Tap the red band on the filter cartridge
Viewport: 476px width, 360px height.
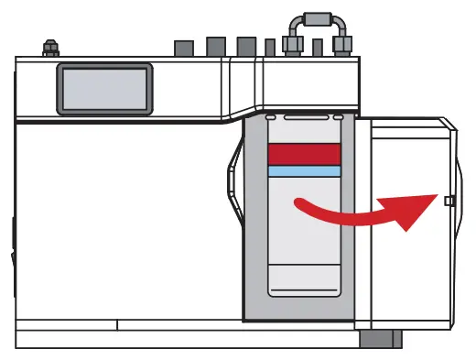[305, 153]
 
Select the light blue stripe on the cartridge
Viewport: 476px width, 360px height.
[305, 171]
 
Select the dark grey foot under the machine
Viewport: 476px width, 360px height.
[380, 339]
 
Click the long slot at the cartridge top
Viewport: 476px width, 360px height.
[307, 118]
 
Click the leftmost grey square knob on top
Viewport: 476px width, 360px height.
[183, 47]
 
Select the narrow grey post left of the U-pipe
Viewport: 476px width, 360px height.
[270, 48]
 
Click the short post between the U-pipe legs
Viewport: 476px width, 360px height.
[317, 48]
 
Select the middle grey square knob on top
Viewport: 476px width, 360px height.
[216, 46]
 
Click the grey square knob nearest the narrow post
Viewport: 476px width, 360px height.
[245, 46]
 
